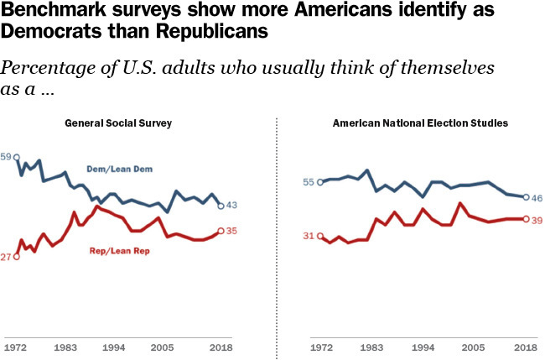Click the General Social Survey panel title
point(118,123)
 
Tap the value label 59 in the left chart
point(7,157)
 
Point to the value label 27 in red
point(7,257)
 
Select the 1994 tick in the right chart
point(423,346)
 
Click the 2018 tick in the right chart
point(526,346)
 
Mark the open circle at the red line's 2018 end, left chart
point(220,231)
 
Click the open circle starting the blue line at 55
point(320,182)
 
